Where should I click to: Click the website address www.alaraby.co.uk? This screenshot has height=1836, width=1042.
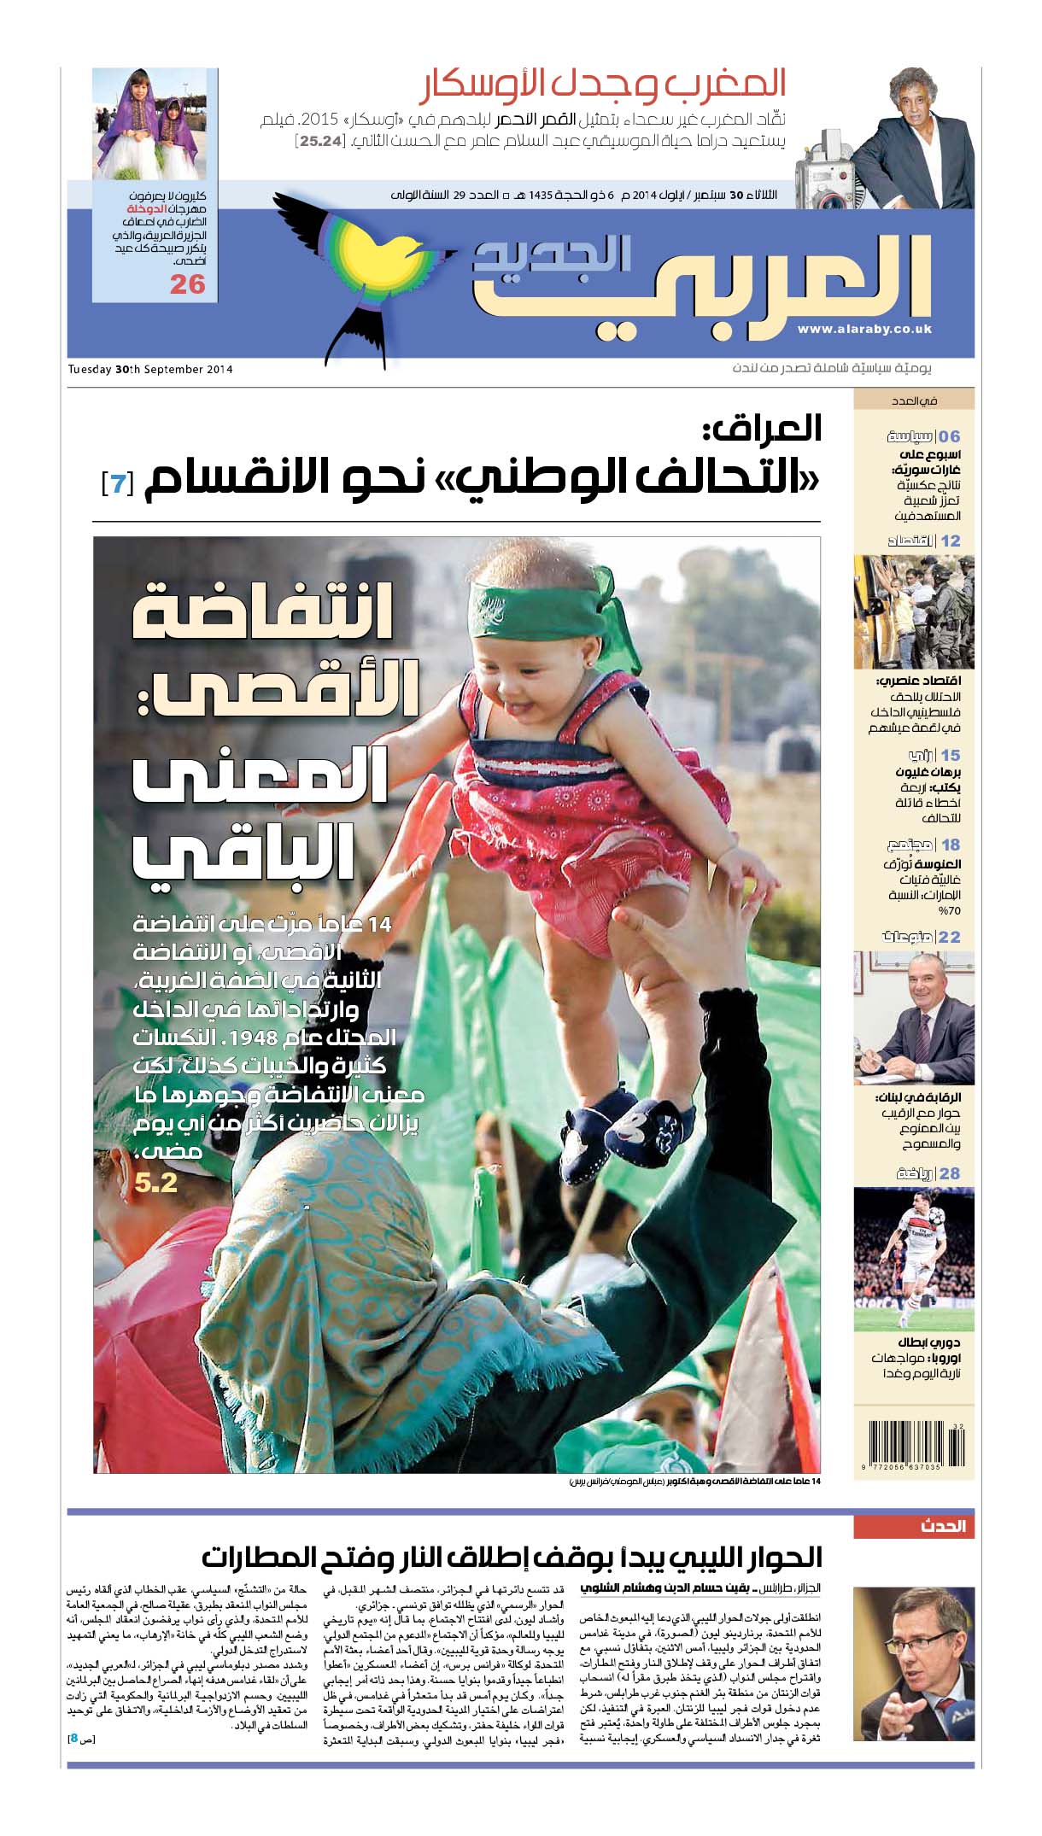[864, 329]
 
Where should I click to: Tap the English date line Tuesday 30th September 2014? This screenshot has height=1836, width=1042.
[150, 370]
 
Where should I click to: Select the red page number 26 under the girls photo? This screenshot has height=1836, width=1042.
[187, 284]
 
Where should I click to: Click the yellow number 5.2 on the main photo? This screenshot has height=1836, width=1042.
[155, 1182]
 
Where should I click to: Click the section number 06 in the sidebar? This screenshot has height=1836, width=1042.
[949, 436]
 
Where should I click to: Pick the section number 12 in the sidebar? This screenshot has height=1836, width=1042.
[950, 541]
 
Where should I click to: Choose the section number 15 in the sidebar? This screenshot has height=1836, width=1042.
[950, 755]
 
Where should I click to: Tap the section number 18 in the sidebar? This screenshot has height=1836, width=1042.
[950, 845]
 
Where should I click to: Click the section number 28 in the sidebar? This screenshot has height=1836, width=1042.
[950, 1172]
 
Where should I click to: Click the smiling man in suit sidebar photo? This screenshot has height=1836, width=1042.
[913, 1018]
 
